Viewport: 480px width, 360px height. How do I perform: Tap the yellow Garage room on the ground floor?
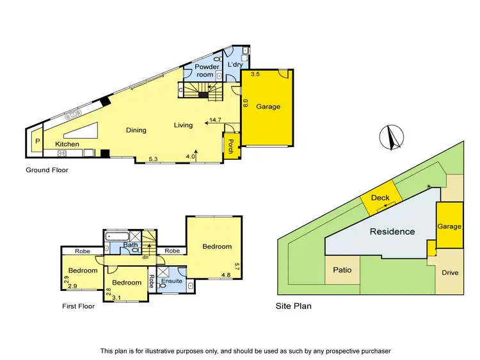(268, 107)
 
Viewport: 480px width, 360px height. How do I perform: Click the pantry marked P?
(36, 141)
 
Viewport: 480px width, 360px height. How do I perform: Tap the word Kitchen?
(67, 145)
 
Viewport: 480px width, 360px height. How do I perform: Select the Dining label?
(136, 130)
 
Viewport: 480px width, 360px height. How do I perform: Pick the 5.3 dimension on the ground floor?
(154, 157)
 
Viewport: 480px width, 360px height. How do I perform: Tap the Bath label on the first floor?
(131, 245)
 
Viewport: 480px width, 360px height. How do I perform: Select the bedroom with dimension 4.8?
(217, 247)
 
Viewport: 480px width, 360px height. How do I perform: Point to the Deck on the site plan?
(380, 198)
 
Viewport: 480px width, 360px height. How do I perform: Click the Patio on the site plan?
(342, 270)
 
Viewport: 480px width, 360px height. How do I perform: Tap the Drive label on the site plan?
(451, 272)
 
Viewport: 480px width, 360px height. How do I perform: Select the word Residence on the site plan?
(392, 231)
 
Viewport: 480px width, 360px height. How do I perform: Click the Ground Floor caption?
(47, 170)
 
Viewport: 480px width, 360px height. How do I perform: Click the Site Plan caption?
(293, 306)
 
